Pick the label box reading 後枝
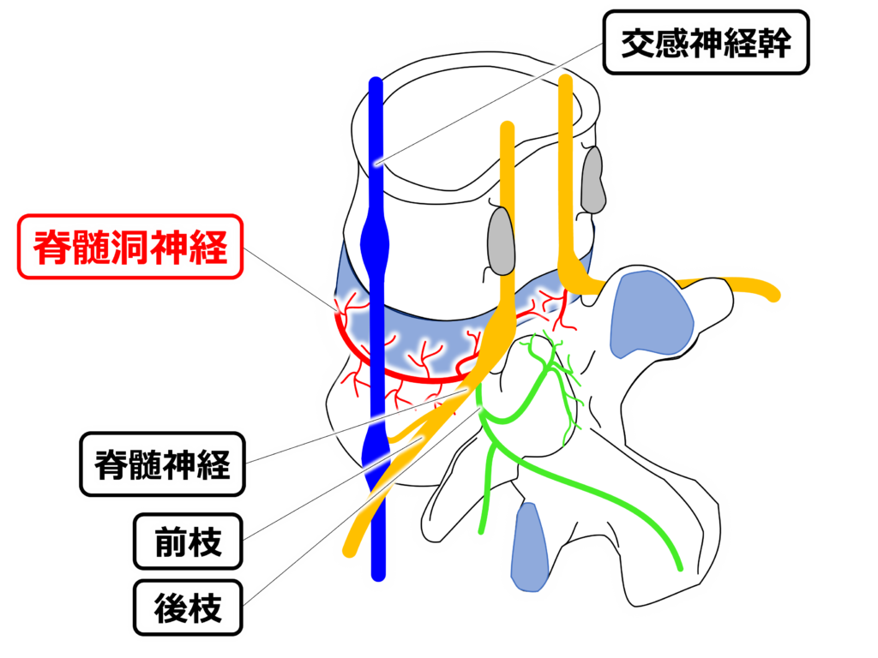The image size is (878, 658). tap(187, 609)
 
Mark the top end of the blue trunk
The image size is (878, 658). tap(375, 83)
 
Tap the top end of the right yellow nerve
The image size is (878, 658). tap(565, 81)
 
